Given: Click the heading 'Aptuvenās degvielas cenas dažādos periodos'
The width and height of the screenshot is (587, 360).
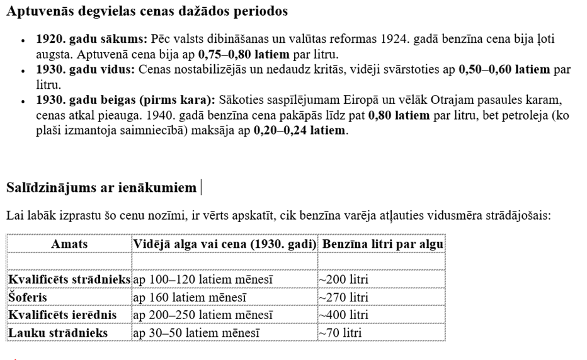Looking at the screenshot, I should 147,11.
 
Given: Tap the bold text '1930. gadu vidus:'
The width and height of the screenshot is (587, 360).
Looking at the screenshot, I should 85,69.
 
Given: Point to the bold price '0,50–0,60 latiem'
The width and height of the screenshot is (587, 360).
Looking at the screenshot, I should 504,69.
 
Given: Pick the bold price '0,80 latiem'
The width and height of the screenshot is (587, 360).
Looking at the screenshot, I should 399,115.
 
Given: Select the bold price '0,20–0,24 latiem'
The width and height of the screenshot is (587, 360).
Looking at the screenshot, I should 300,131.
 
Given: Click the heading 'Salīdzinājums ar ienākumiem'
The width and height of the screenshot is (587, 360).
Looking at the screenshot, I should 101,188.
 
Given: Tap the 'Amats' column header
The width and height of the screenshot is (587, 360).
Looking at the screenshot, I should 69,244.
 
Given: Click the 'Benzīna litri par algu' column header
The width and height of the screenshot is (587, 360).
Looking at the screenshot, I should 382,244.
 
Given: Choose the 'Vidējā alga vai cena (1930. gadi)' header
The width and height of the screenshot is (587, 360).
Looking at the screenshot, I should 224,244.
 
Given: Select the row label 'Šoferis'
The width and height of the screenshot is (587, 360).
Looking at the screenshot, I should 28,297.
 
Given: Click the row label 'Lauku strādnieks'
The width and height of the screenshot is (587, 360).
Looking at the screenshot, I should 57,333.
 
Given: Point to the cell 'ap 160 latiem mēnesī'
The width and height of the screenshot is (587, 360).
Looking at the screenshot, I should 190,297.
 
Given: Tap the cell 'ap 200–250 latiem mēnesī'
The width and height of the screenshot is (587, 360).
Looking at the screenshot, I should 203,315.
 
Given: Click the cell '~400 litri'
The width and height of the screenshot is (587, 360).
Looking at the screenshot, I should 343,315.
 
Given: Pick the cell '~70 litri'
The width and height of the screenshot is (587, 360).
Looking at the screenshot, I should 340,333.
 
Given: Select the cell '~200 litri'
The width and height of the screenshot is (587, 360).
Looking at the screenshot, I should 343,279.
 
